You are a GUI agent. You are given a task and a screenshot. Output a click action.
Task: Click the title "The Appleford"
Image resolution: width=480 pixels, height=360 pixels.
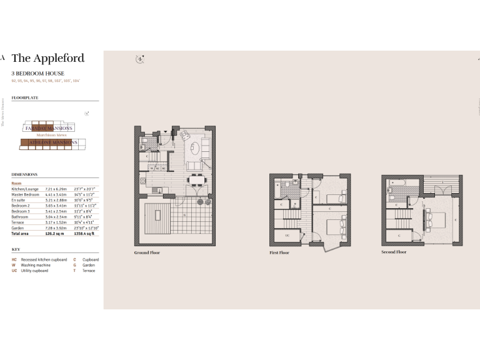48,58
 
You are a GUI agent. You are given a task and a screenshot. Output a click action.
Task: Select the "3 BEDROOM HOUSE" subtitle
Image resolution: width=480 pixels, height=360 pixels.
37,74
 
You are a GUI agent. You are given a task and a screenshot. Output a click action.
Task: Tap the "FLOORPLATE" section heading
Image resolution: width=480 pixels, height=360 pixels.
25,98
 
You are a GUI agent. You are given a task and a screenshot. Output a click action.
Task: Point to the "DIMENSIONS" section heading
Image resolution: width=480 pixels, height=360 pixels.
24,174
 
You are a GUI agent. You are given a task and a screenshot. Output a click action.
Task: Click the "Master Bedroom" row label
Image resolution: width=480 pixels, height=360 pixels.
26,194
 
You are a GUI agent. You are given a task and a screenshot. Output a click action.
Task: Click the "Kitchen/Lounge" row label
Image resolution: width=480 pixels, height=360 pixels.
25,189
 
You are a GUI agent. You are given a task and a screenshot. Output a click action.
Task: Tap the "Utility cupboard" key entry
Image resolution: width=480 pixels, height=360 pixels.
35,271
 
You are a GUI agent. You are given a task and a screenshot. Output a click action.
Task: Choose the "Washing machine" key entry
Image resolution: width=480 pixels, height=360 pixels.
36,265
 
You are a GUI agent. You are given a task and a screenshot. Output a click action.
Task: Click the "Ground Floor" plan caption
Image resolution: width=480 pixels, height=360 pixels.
147,252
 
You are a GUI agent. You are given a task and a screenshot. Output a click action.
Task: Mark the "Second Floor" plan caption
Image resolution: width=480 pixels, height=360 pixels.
394,252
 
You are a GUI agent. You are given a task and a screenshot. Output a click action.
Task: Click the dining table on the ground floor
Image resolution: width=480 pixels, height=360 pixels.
196,179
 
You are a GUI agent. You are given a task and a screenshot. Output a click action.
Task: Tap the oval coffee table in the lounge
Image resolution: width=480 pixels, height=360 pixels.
204,149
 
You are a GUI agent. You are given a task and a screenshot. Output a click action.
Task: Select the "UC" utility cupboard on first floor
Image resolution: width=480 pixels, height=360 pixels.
287,235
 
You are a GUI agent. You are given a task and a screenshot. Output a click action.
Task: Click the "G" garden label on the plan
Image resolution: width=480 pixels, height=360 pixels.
184,215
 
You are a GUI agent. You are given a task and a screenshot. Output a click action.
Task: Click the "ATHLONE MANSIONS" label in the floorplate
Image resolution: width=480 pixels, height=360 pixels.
49,142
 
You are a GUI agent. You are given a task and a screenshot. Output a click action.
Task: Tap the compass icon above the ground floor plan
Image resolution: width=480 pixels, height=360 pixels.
141,60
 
